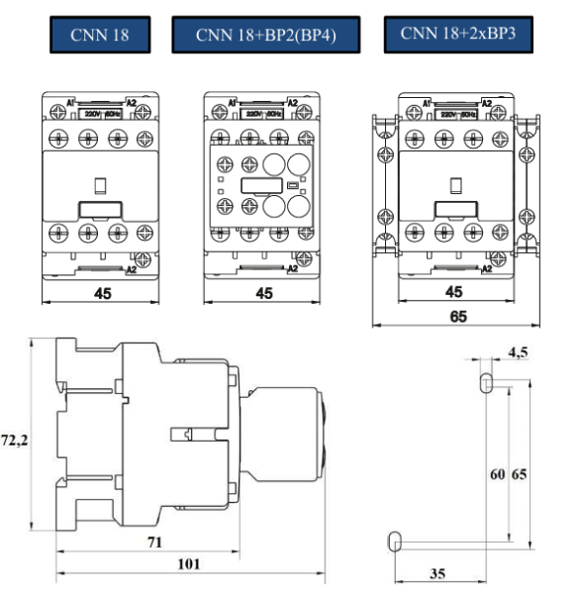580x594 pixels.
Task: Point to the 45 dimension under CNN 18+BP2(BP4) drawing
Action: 264,293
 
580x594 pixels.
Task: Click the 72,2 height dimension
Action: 14,439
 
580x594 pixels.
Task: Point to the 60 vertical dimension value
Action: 497,473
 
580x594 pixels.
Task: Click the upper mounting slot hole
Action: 485,381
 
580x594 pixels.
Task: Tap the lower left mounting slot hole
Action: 394,541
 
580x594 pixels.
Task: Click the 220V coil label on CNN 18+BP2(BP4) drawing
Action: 251,114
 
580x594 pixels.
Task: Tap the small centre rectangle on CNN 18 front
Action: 100,184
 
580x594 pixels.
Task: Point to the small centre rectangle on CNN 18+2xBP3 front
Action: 454,184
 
